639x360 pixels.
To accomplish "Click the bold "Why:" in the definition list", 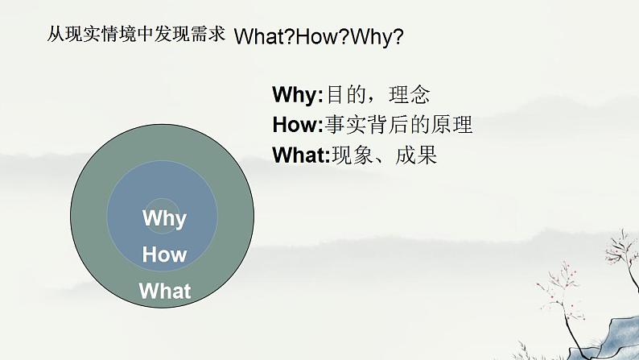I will [x=297, y=95].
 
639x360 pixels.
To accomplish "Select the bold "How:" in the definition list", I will [x=297, y=125].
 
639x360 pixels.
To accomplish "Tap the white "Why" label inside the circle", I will [x=164, y=218].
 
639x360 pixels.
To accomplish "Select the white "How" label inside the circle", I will [x=164, y=255].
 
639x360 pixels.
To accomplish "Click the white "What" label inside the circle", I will [x=165, y=291].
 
